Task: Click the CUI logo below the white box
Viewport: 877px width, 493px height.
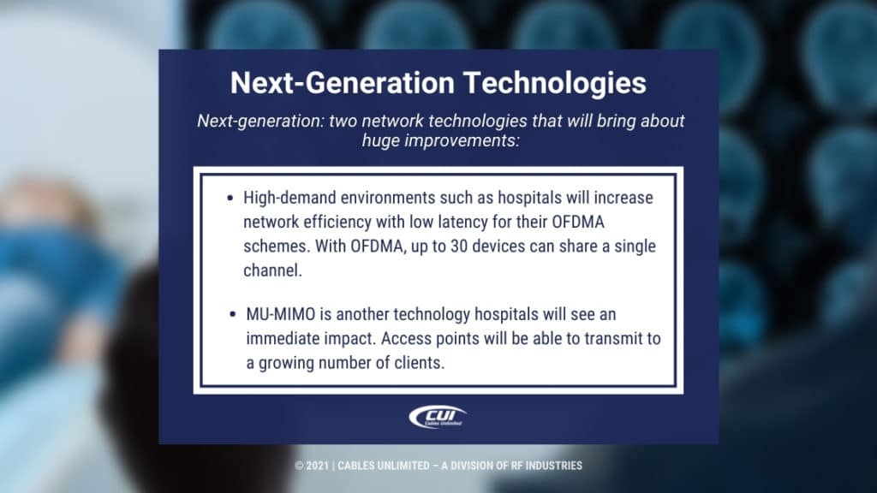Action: coord(438,418)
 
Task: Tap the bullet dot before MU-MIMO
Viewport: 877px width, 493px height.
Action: coord(234,315)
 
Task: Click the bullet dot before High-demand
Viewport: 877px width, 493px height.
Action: coord(230,199)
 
